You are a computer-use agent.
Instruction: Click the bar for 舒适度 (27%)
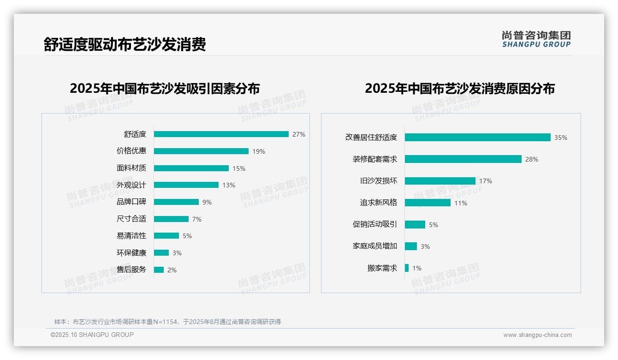[x=221, y=134]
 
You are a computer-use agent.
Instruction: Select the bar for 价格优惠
[x=201, y=151]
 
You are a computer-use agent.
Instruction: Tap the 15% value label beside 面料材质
[x=239, y=168]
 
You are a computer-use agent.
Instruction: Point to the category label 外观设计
[x=131, y=185]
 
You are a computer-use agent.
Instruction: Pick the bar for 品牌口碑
[x=176, y=202]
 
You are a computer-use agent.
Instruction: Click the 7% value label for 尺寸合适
[x=197, y=219]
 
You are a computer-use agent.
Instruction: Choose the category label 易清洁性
[x=131, y=236]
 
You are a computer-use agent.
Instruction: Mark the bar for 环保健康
[x=161, y=253]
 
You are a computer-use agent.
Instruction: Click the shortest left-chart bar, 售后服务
[x=159, y=270]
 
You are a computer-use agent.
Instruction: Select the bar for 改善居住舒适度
[x=477, y=138]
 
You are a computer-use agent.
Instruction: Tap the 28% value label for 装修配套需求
[x=532, y=159]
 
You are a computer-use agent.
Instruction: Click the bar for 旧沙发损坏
[x=440, y=181]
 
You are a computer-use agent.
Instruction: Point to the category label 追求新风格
[x=379, y=203]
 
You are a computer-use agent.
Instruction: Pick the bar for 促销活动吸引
[x=415, y=225]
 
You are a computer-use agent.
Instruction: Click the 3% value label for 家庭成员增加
[x=425, y=246]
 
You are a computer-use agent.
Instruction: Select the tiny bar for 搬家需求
[x=407, y=268]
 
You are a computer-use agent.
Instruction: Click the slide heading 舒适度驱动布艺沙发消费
[x=125, y=44]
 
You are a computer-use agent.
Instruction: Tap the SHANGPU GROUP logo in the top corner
[x=536, y=39]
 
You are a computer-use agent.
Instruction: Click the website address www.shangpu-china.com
[x=537, y=335]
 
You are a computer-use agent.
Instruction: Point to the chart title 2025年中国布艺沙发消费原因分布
[x=460, y=89]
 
